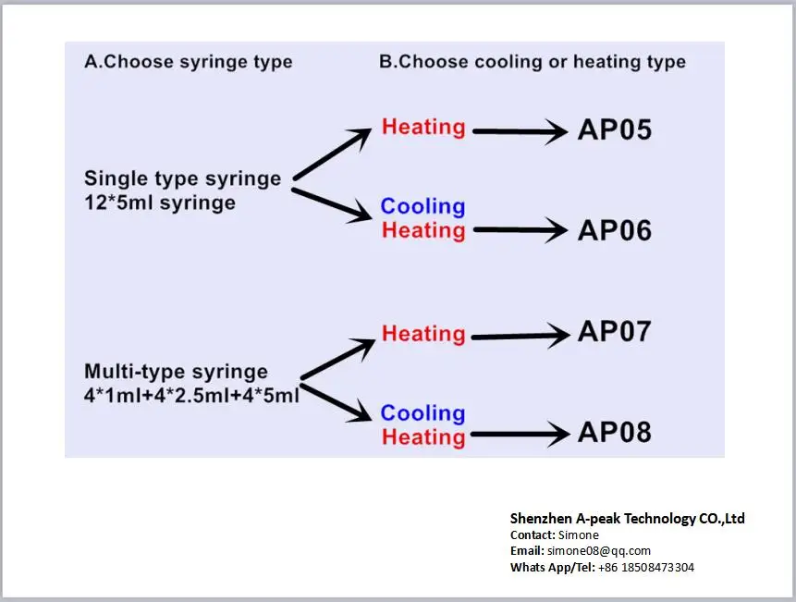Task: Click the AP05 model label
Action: click(x=614, y=129)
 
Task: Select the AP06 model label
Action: click(x=614, y=230)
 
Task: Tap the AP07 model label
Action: click(x=614, y=331)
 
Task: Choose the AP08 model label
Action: click(x=614, y=432)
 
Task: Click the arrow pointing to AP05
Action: click(x=520, y=132)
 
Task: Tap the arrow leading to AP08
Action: click(x=520, y=433)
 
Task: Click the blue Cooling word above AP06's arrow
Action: click(x=422, y=206)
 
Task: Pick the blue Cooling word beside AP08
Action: click(x=422, y=413)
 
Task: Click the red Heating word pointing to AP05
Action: click(x=423, y=127)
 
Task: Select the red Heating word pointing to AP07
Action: click(x=423, y=333)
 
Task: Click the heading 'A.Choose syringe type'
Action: click(x=189, y=62)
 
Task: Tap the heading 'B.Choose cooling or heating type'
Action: click(x=533, y=62)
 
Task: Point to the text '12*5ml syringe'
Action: click(x=160, y=203)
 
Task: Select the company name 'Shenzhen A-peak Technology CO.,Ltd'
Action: click(x=627, y=518)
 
